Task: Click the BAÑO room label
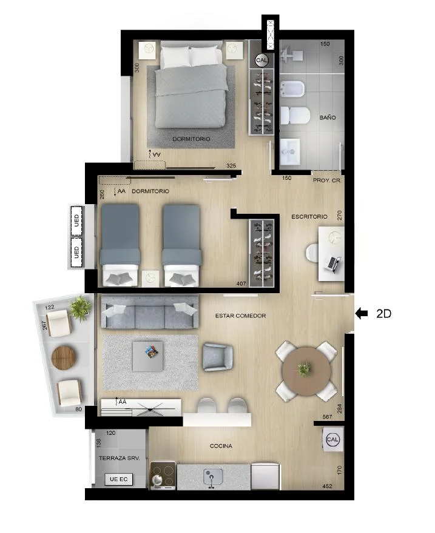tap(328, 118)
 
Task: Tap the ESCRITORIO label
tap(309, 217)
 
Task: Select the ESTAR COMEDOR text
tap(241, 316)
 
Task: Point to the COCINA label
tap(221, 446)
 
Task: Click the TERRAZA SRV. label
tap(119, 459)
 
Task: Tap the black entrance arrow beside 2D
tap(362, 313)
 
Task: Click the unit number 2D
tap(383, 314)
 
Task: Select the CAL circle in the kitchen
tap(332, 439)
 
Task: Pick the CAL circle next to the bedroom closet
tap(261, 60)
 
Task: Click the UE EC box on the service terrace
tap(119, 479)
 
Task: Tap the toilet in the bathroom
tap(295, 115)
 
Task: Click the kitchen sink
tap(213, 477)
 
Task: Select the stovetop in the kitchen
tap(163, 475)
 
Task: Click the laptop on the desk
tap(333, 263)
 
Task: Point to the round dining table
tap(306, 371)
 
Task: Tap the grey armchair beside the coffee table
tap(217, 357)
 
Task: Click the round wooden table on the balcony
tap(64, 357)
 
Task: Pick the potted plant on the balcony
tap(80, 308)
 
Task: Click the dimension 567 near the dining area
tap(327, 417)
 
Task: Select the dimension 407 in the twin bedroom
tap(241, 283)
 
